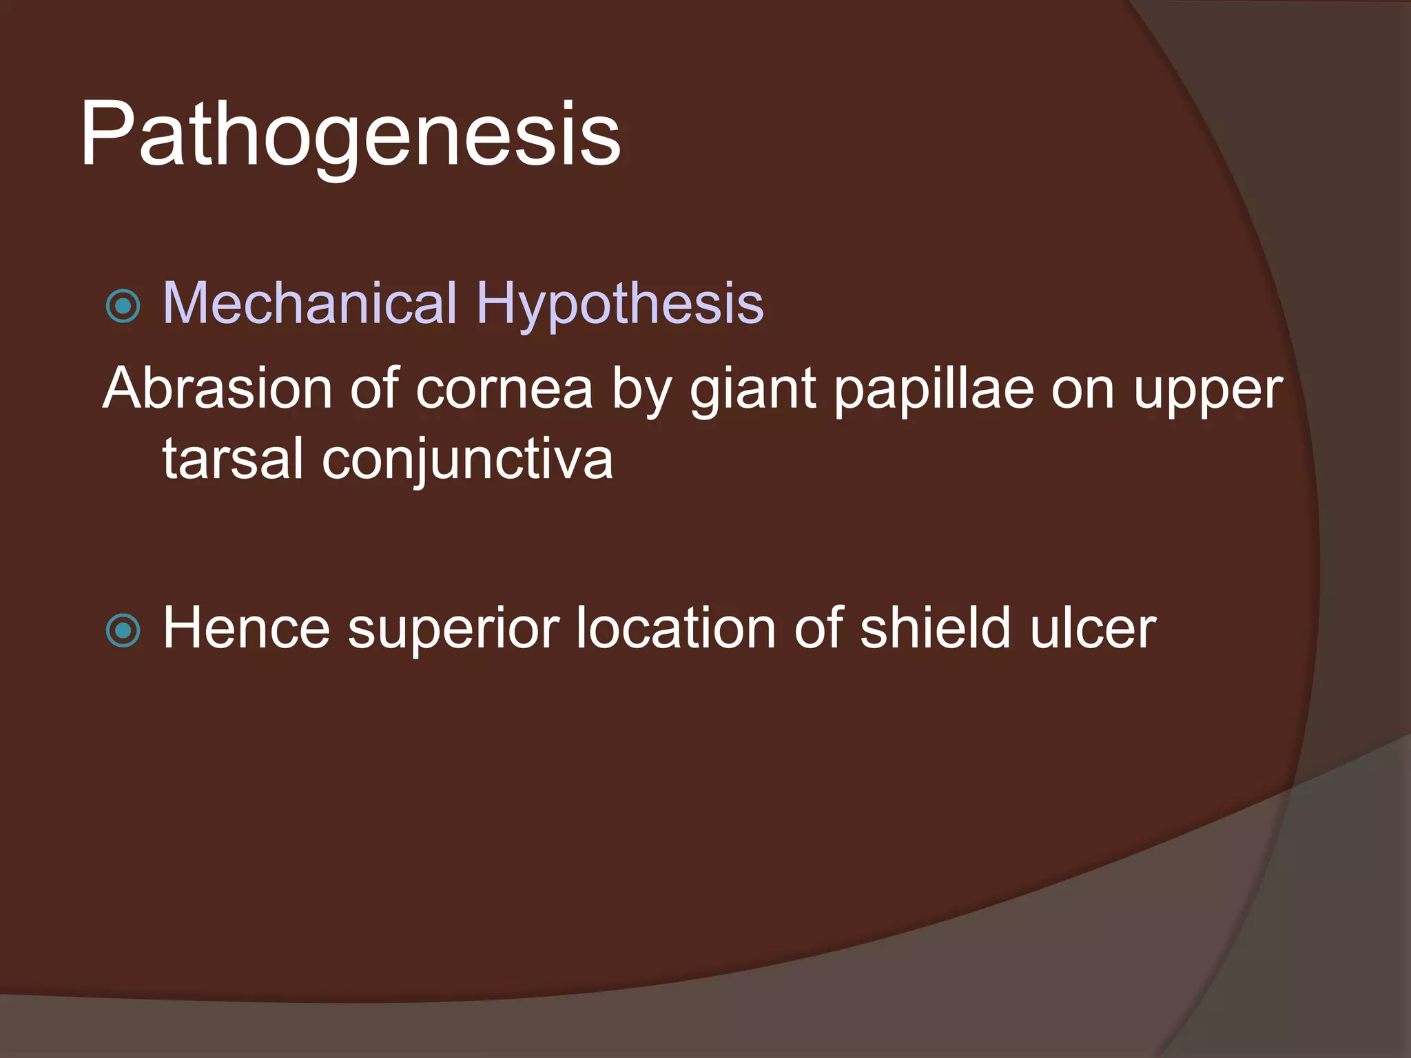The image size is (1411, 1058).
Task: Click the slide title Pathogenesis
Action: tap(350, 134)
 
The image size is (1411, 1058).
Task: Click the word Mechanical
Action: tap(310, 303)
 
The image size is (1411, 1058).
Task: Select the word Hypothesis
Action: tap(620, 303)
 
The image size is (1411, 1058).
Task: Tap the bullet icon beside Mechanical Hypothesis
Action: tap(124, 306)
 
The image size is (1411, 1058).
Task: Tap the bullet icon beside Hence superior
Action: tap(124, 630)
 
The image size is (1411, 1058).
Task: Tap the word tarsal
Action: tap(232, 459)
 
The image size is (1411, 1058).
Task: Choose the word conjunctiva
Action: tap(467, 460)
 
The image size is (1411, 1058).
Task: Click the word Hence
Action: tap(246, 627)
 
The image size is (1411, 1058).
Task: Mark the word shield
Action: tap(936, 627)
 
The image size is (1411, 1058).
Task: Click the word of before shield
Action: tap(818, 627)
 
